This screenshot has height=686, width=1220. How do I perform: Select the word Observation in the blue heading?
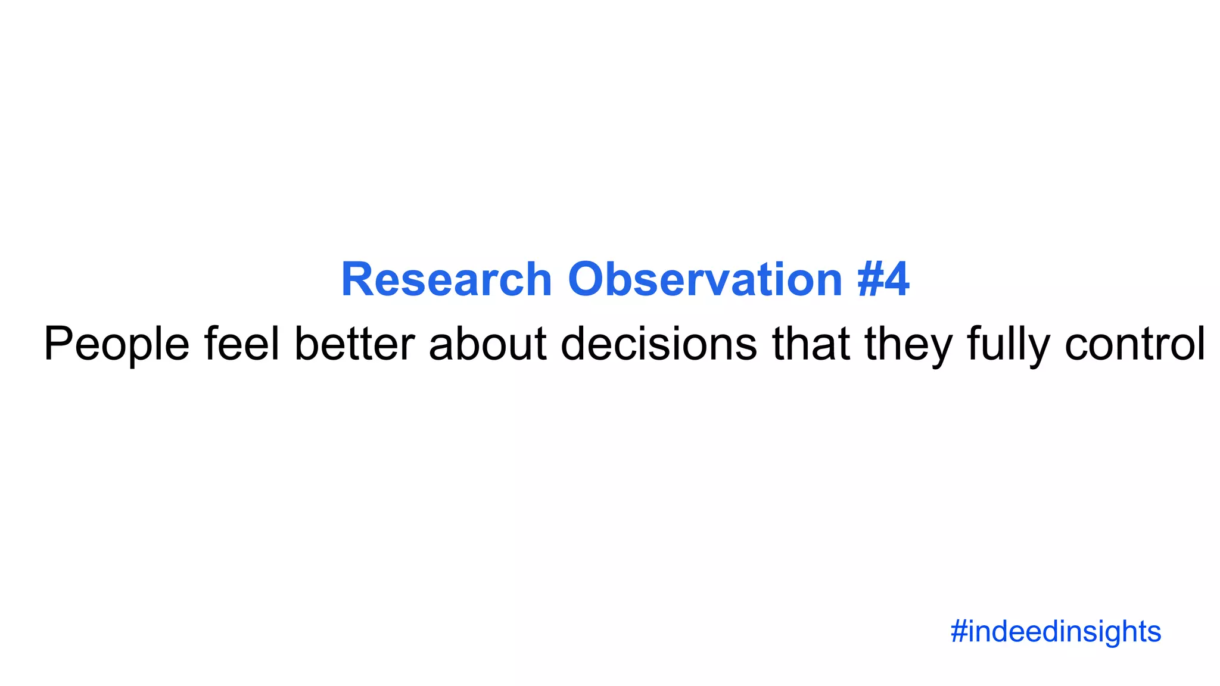(705, 279)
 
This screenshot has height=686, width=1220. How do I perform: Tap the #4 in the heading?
(883, 279)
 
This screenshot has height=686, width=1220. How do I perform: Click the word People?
(117, 344)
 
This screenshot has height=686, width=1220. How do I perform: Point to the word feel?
(242, 344)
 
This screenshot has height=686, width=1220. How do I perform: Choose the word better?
(354, 344)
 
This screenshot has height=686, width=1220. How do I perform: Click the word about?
(488, 344)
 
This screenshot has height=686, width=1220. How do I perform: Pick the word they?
(908, 344)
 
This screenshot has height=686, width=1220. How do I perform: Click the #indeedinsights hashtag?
(1056, 632)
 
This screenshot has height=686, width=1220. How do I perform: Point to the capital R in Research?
(357, 279)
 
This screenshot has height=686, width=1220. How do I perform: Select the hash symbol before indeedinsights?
(958, 632)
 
